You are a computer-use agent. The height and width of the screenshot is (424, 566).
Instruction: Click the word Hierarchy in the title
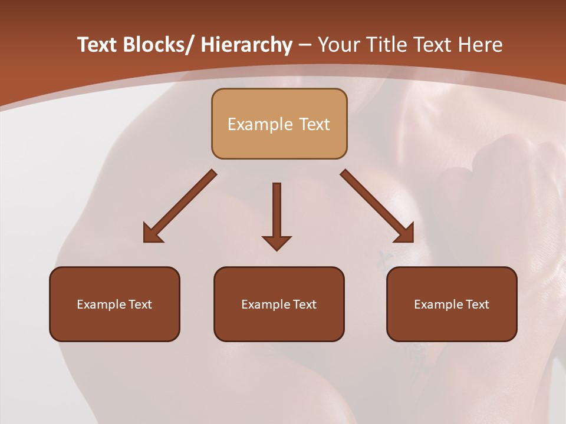tap(246, 45)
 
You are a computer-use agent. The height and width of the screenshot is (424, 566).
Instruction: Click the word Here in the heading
tap(481, 45)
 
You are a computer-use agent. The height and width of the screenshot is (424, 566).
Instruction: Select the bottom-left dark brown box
tap(114, 304)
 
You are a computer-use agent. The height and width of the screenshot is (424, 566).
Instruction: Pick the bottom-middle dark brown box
tap(279, 304)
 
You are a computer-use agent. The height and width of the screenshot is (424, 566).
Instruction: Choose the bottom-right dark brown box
tap(452, 304)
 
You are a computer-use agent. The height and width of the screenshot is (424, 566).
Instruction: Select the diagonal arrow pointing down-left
tap(179, 207)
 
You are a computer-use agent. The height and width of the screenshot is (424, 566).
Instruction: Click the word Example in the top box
tap(260, 124)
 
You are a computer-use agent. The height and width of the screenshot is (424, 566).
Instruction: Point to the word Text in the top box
tap(313, 124)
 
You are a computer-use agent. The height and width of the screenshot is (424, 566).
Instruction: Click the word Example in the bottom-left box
tap(101, 304)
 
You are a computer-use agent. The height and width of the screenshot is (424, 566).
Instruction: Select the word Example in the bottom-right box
tap(438, 304)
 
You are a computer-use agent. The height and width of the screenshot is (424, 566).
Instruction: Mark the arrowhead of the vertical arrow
tap(277, 242)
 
